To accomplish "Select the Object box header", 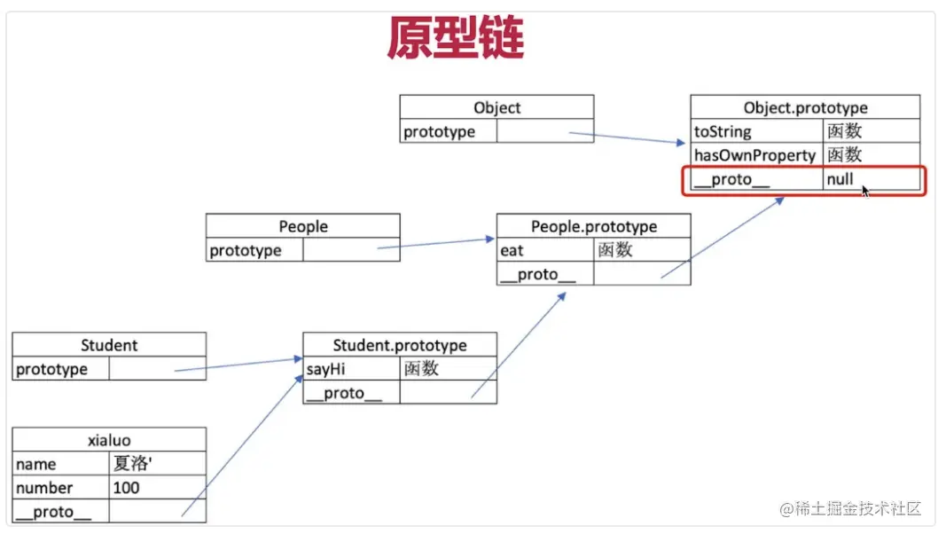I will [x=496, y=107].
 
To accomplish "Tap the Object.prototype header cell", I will [x=805, y=107].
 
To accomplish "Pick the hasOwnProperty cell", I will [x=754, y=155].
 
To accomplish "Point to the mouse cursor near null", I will [x=864, y=189].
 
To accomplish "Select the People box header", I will [x=302, y=226].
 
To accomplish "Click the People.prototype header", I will [x=593, y=226].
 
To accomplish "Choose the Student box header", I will [x=109, y=345].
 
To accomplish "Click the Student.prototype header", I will [x=399, y=345].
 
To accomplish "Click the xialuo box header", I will [x=109, y=440].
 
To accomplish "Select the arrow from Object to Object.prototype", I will [x=626, y=138].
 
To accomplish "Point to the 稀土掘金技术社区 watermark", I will [x=850, y=508].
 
